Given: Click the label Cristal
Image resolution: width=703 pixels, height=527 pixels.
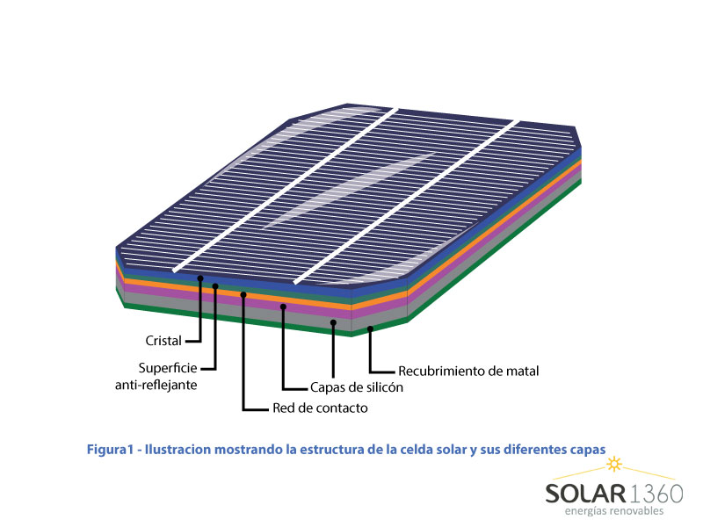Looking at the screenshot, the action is tap(163, 341).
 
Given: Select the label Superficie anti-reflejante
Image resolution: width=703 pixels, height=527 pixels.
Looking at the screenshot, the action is tap(156, 377).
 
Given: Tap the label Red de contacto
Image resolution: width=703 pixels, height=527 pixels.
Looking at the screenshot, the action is tap(320, 408).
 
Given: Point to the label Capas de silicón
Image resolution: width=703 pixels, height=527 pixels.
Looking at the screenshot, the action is tap(357, 387).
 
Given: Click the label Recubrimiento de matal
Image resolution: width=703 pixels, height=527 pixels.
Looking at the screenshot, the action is tap(468, 371).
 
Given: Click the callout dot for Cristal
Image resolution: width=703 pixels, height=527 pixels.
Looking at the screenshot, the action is tap(200, 278).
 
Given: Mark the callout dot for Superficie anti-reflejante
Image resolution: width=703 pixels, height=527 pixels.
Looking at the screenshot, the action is tap(215, 286).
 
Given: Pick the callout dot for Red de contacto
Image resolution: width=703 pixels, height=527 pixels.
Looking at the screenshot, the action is tap(243, 294).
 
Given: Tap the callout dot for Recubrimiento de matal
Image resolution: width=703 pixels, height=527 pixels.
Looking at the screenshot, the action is tap(370, 328).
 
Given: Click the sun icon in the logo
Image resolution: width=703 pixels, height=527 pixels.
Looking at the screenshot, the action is tap(614, 465).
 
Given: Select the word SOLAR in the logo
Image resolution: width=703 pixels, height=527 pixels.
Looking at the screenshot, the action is tap(585, 494).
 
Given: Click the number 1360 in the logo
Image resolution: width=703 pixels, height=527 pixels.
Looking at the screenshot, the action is tap(656, 494).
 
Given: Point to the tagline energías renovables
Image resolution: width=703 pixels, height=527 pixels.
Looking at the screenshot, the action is tap(613, 511).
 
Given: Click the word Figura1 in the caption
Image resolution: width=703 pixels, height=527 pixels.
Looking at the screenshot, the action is tap(111, 449).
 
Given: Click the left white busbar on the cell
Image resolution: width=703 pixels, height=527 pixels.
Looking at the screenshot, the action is tap(286, 190).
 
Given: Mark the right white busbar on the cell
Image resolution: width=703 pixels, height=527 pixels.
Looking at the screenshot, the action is tap(407, 202).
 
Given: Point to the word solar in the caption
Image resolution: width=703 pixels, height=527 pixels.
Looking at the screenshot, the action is tap(450, 449).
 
